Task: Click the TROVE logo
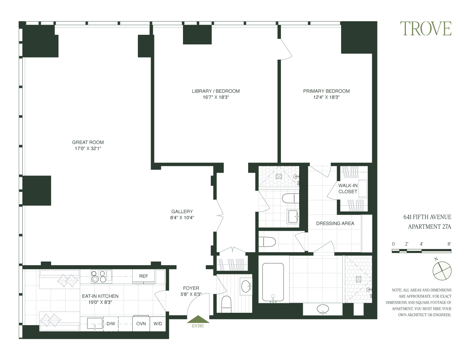coord(425,29)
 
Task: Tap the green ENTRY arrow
coord(198,320)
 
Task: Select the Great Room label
coord(88,142)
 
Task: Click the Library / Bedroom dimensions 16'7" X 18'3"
coord(216,97)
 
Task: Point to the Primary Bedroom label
coord(326,91)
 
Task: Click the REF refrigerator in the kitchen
coord(144,276)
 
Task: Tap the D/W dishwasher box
coord(111,324)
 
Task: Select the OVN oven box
coord(141,324)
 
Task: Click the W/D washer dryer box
coord(158,324)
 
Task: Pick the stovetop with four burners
coord(101,276)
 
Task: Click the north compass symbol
coord(442,270)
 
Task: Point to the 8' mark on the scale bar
coord(449,244)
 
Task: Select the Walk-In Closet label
coord(348,189)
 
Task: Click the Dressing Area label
coord(335,223)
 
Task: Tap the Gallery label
coord(182,212)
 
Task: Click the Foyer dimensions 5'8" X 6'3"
coord(191,294)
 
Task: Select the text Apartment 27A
coord(429,227)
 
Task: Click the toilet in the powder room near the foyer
coord(226,304)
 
